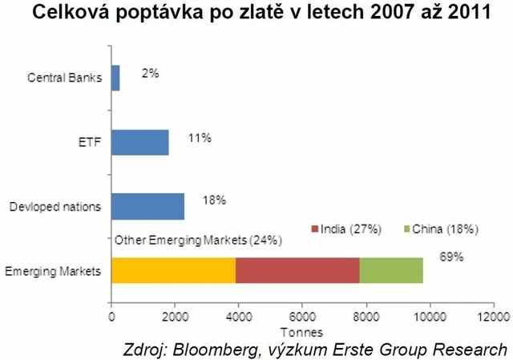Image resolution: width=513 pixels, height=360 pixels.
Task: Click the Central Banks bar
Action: click(x=115, y=79)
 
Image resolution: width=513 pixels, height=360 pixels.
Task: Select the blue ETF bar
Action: click(x=139, y=143)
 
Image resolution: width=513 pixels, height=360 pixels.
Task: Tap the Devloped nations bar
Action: click(x=147, y=207)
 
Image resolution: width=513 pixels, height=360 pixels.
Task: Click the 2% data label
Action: click(x=151, y=73)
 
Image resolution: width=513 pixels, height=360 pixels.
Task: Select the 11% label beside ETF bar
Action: click(x=200, y=138)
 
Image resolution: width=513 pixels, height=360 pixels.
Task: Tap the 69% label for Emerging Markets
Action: click(x=452, y=257)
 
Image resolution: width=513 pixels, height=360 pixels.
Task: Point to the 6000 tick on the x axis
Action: click(x=301, y=317)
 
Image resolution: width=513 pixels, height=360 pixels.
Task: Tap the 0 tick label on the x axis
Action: click(x=111, y=317)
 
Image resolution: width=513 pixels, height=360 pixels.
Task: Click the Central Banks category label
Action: click(x=63, y=79)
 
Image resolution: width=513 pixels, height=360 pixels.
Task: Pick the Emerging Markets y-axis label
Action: click(x=53, y=272)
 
